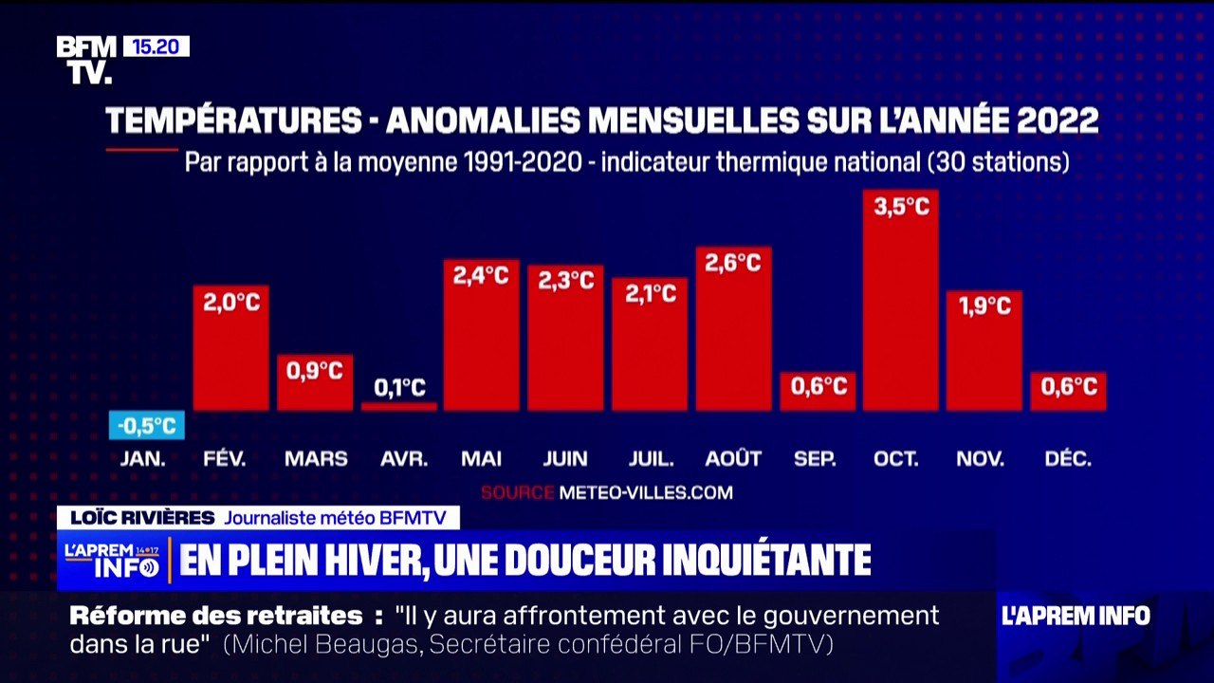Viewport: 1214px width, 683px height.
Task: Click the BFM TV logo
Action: [86, 60]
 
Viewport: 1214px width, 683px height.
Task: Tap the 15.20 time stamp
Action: [156, 46]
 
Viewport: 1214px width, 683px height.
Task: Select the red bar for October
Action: [900, 304]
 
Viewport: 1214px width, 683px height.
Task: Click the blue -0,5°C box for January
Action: [147, 426]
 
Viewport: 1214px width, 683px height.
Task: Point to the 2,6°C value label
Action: [733, 263]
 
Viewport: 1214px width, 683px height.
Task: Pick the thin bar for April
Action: [399, 406]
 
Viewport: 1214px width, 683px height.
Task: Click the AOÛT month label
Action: [733, 459]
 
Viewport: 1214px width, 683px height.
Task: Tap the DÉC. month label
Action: [1068, 459]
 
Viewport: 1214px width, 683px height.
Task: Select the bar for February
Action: [230, 351]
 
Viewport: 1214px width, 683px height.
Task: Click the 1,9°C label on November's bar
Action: [984, 305]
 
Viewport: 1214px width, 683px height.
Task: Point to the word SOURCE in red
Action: [517, 492]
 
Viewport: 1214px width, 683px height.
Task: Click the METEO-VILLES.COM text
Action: [646, 492]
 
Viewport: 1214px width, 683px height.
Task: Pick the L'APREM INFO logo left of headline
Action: [112, 561]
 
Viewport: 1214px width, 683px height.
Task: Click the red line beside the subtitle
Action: [141, 149]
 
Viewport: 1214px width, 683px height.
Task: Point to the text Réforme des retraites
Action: [216, 616]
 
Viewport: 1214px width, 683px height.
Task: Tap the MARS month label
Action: [316, 459]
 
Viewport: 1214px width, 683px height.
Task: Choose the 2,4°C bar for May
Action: [482, 341]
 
